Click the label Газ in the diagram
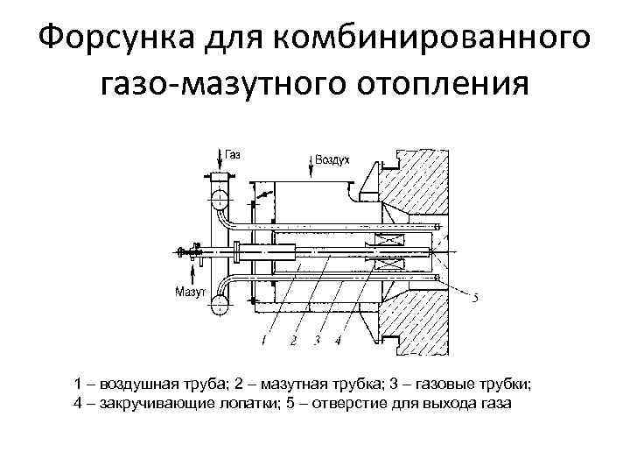(233, 154)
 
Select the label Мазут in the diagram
(190, 290)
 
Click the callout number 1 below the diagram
(263, 338)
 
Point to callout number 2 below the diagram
(293, 339)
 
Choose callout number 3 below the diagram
(316, 339)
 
